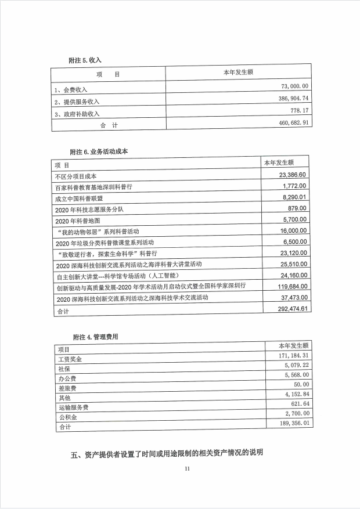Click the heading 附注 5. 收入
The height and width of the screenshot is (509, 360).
[x=85, y=60]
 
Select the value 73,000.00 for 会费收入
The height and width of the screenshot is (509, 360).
[x=295, y=86]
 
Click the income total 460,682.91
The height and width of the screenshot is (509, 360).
[x=292, y=124]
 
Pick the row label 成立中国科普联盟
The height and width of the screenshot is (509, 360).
[x=80, y=198]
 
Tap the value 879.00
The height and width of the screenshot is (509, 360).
[x=297, y=208]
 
